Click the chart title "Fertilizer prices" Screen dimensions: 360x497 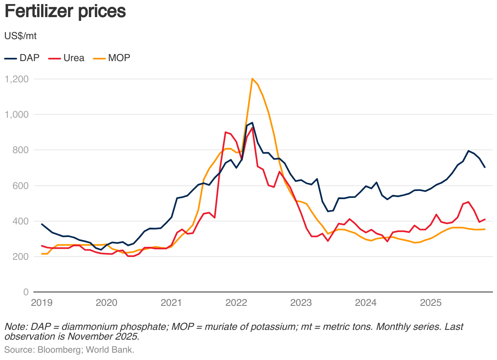(65, 12)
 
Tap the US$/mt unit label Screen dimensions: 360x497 (20, 36)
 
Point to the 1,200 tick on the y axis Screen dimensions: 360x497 (16, 79)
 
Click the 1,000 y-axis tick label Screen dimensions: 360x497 (16, 114)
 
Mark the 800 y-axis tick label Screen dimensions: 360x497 (20, 150)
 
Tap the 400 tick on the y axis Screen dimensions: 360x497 (20, 221)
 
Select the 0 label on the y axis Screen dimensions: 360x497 (25, 292)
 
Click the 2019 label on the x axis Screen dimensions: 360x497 (42, 303)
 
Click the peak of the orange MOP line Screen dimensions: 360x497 (253, 79)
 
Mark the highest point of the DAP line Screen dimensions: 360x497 (252, 123)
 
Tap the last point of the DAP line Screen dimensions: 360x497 (485, 167)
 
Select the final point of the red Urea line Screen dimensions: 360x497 (485, 220)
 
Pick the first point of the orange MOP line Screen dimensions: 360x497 (42, 254)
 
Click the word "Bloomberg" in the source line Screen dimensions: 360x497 (55, 349)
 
